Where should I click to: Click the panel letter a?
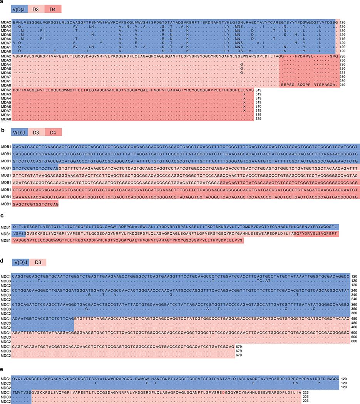[x=2, y=2]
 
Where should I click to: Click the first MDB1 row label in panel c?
[x=5, y=227]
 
